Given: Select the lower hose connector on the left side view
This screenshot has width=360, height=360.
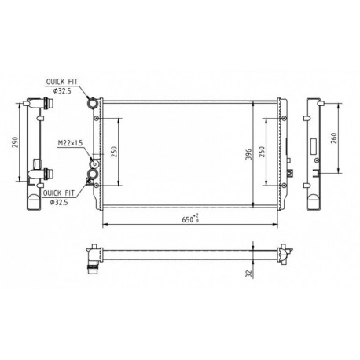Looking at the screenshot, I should click(45, 174).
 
